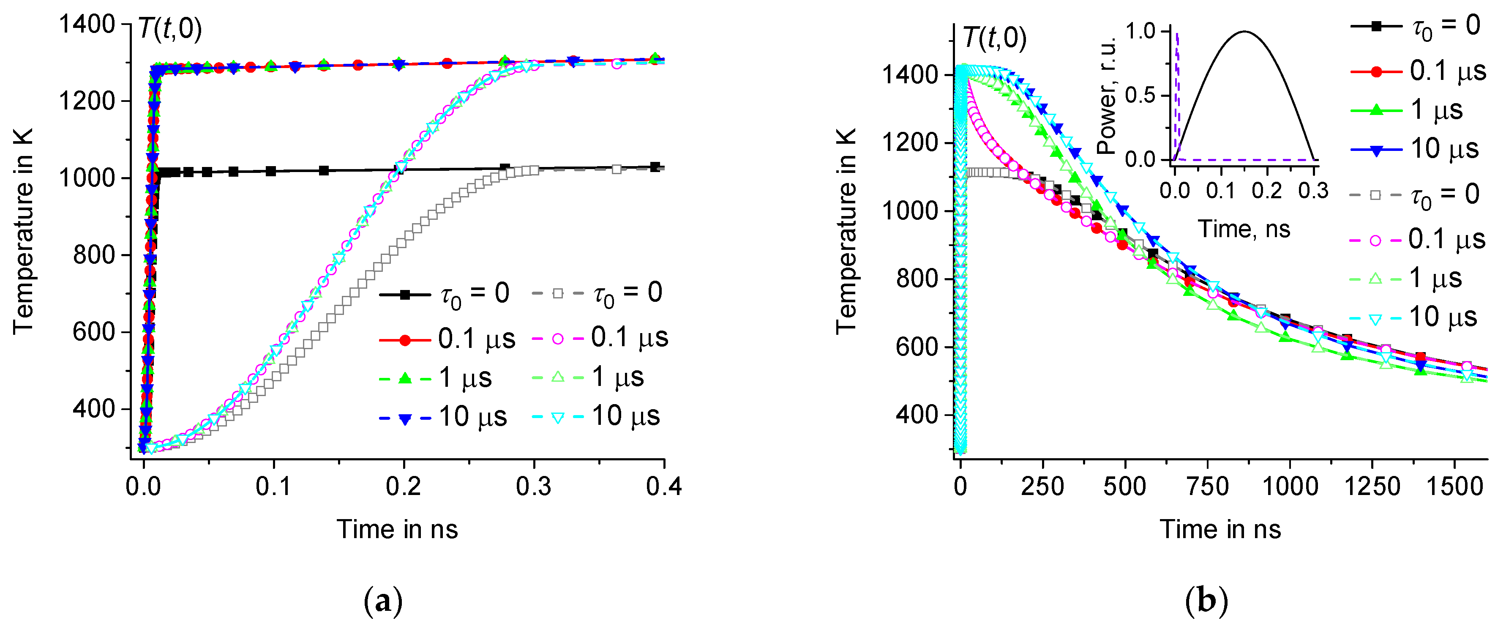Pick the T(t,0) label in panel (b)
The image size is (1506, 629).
click(x=994, y=38)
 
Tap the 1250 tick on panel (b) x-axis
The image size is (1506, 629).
click(x=1372, y=487)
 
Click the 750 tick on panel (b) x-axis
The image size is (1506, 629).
click(x=1207, y=487)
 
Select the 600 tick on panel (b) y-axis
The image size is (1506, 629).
click(x=916, y=347)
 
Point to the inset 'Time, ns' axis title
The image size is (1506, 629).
click(x=1244, y=229)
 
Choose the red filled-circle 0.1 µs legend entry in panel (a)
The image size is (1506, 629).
click(x=447, y=339)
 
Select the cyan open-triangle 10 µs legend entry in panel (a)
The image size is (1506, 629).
click(x=596, y=417)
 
